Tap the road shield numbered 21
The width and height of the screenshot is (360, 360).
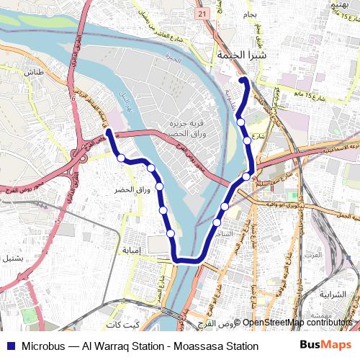click(202, 14)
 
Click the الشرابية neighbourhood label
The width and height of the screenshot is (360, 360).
click(332, 294)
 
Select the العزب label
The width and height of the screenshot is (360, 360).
click(333, 255)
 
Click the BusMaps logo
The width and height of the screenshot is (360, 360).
click(325, 345)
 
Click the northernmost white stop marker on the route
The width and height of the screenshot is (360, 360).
click(240, 122)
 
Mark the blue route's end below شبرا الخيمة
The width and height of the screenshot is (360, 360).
click(243, 78)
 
